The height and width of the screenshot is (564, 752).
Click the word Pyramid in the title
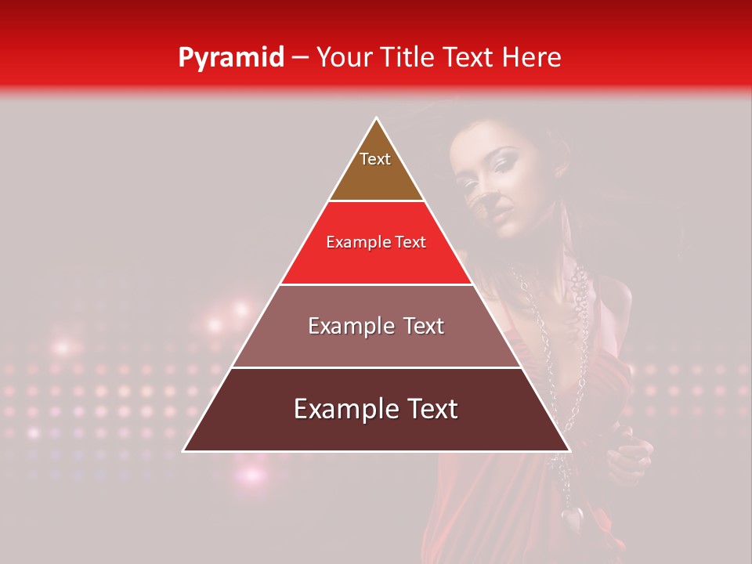click(x=230, y=57)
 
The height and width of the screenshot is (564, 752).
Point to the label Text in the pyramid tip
click(x=374, y=159)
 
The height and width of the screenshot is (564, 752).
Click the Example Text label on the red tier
click(x=376, y=242)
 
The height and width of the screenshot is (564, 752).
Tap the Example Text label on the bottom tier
click(x=376, y=409)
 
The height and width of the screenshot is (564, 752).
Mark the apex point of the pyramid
click(x=377, y=118)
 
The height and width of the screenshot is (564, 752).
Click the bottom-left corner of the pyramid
click(x=184, y=450)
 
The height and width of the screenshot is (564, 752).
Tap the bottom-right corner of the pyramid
click(x=569, y=450)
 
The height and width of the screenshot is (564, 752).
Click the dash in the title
click(x=300, y=57)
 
